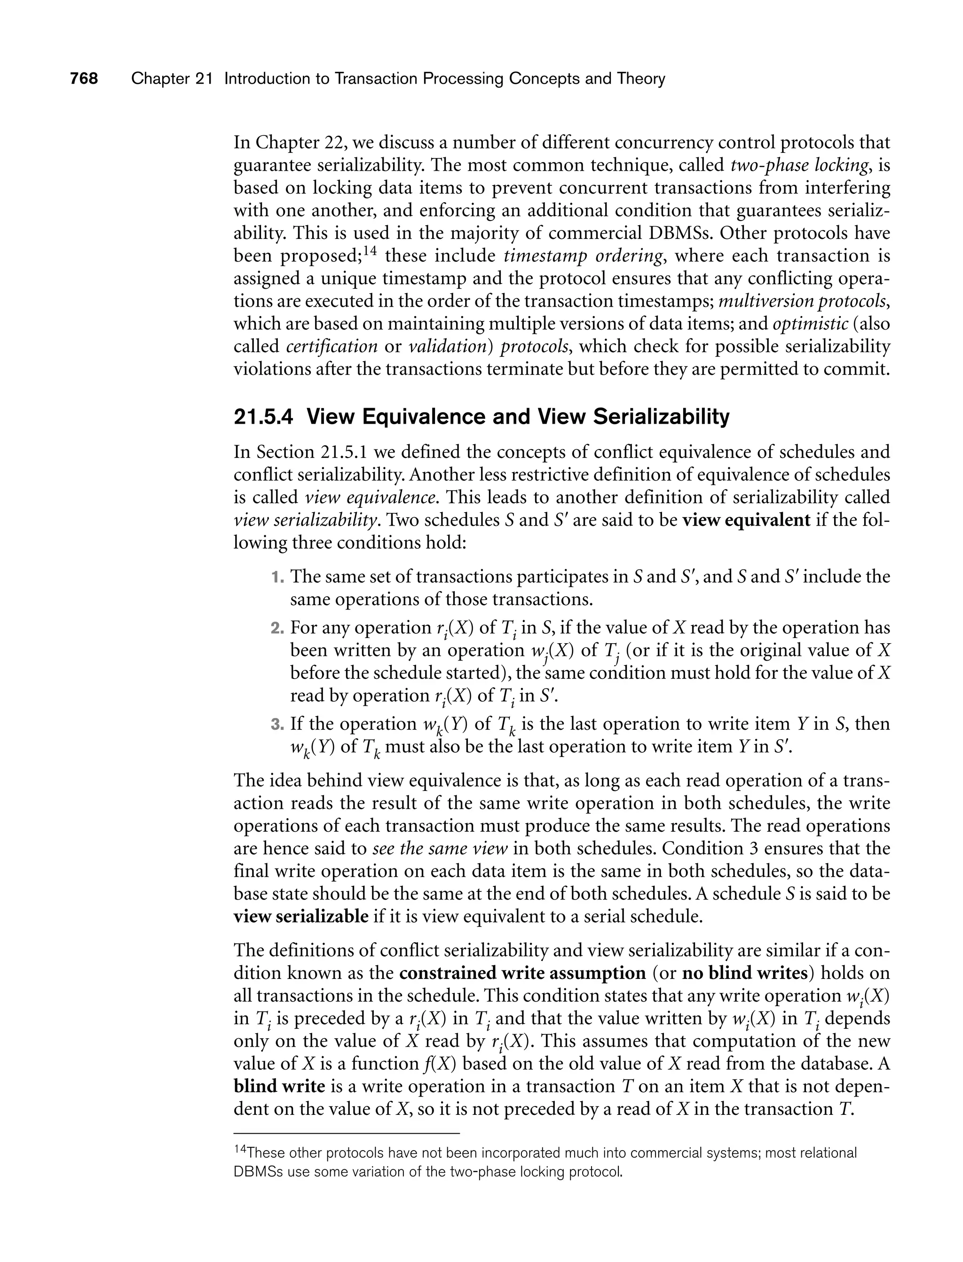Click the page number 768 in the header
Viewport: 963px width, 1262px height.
(84, 79)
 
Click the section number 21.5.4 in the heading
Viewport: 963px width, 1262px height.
(263, 417)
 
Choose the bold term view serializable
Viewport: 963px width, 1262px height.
(301, 916)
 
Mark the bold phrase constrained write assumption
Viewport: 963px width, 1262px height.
(522, 973)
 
